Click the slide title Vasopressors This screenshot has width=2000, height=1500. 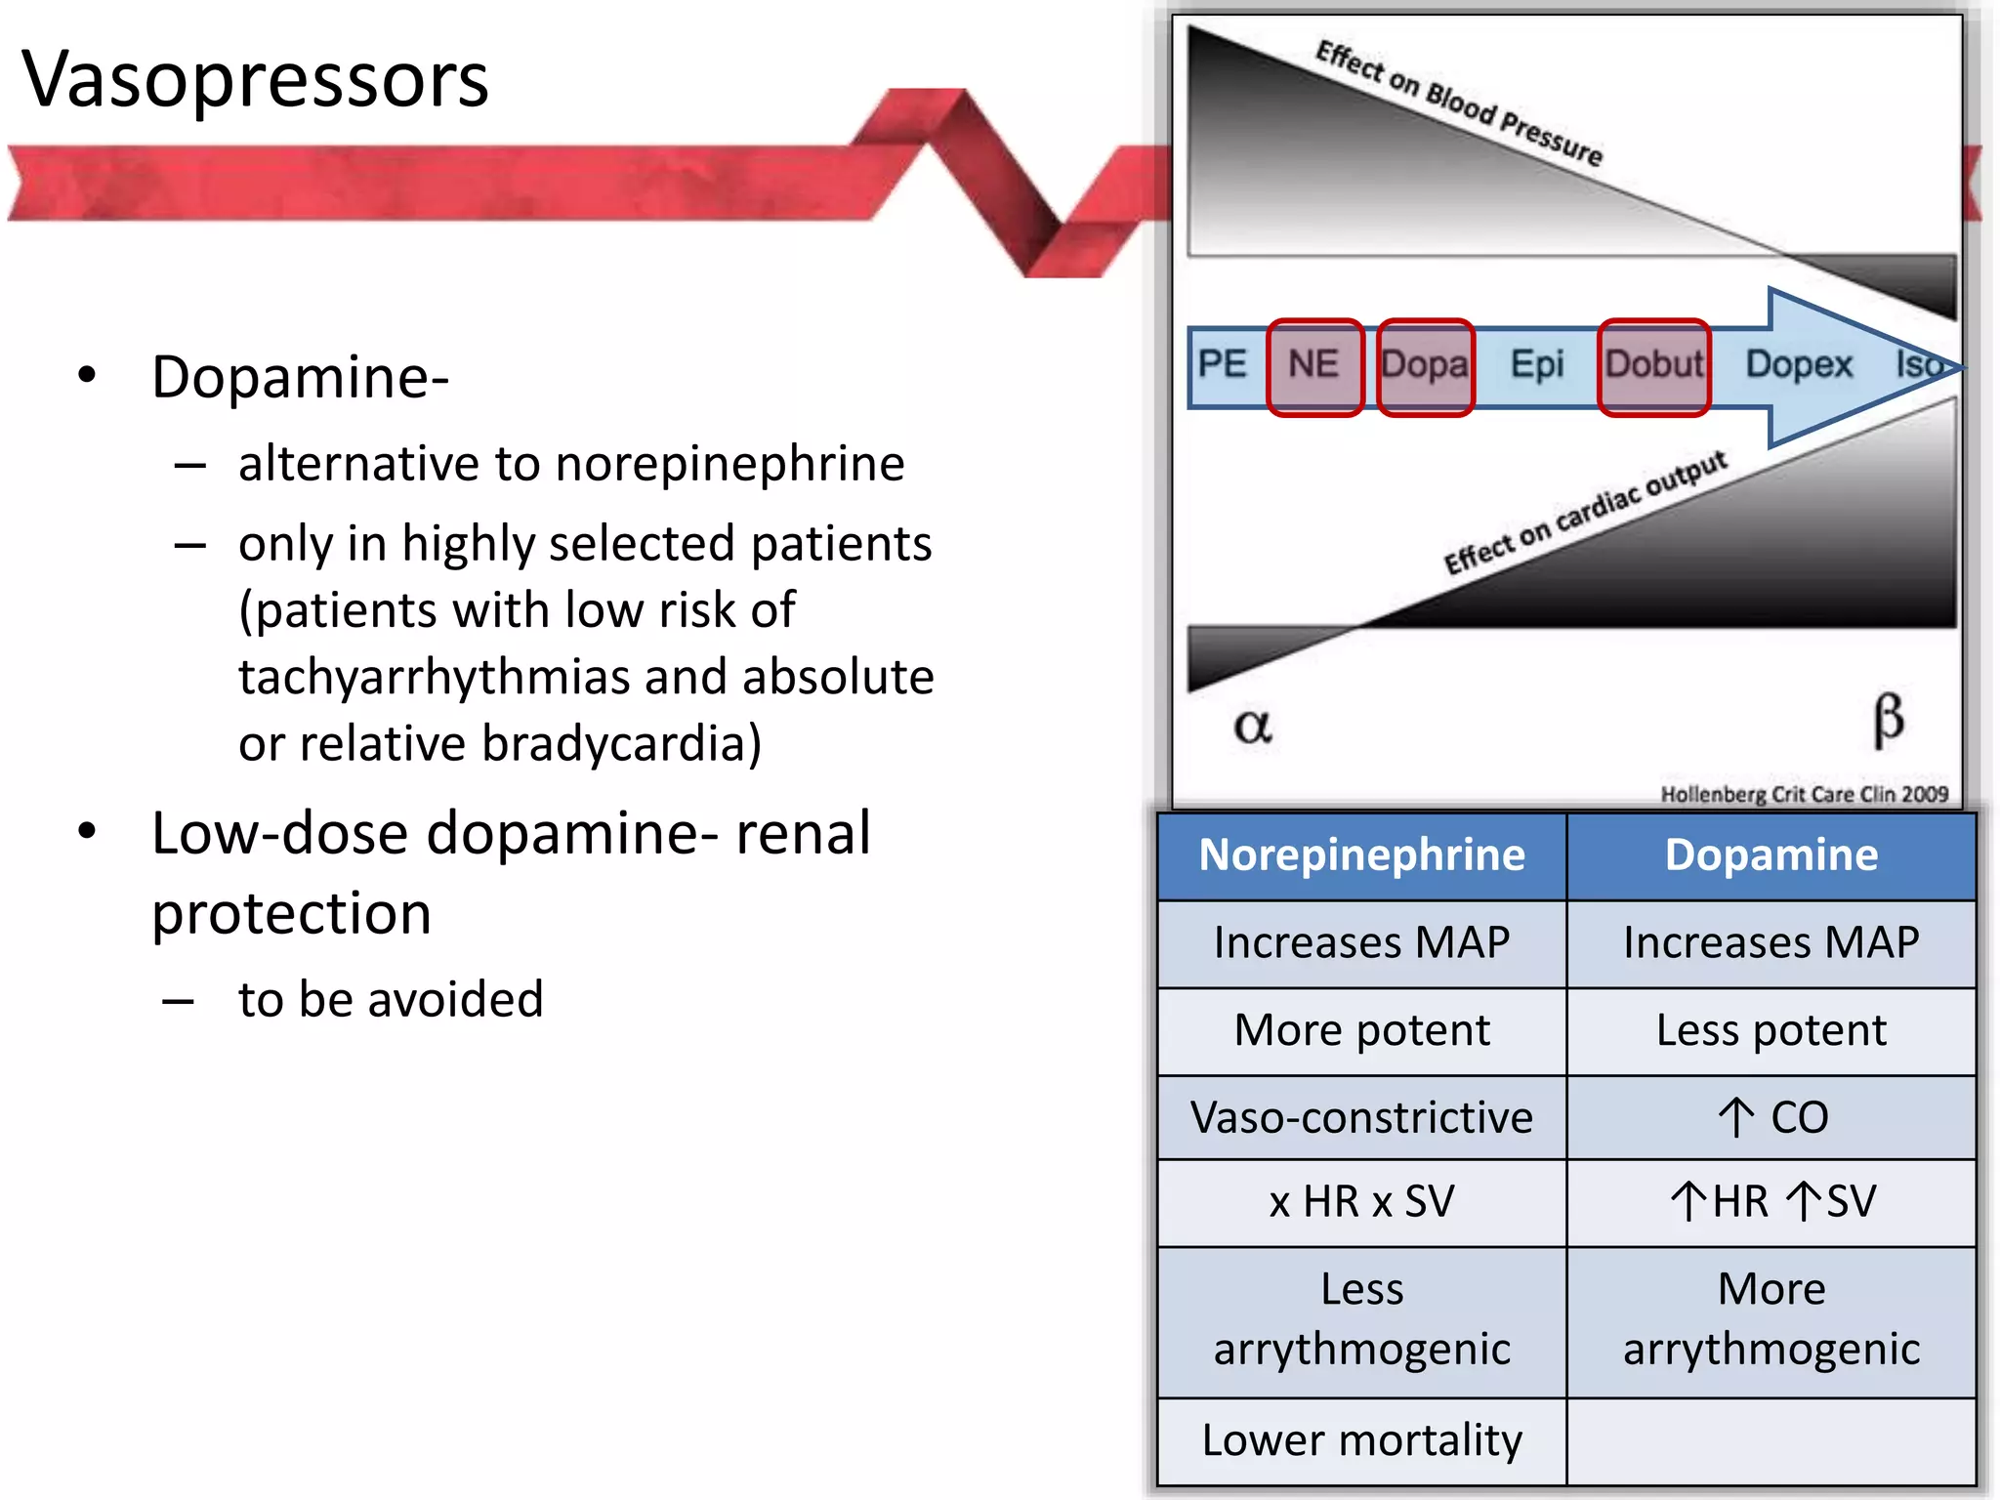(x=256, y=80)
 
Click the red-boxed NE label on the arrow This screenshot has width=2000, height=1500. (x=1313, y=365)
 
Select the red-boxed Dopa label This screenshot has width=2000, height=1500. (x=1425, y=365)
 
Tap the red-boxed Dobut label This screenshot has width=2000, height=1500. (x=1653, y=365)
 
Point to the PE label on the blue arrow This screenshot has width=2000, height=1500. (x=1223, y=364)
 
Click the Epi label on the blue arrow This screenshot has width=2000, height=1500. (x=1537, y=365)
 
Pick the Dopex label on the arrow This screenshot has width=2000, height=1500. (x=1799, y=365)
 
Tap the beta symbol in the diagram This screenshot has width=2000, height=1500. (x=1888, y=720)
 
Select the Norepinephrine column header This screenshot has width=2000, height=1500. (x=1361, y=855)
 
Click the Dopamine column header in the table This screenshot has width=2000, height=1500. (x=1771, y=855)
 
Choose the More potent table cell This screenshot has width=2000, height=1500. (x=1361, y=1030)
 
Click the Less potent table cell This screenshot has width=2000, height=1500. (x=1771, y=1030)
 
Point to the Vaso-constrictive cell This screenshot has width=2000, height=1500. (x=1361, y=1117)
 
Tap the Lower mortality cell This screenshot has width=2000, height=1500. (x=1361, y=1440)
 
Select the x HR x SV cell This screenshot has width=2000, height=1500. (x=1361, y=1202)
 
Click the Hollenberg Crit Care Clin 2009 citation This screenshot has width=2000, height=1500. (x=1804, y=794)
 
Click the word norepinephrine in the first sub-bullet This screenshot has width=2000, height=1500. (x=729, y=464)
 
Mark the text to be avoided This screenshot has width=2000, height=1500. (x=391, y=1000)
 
